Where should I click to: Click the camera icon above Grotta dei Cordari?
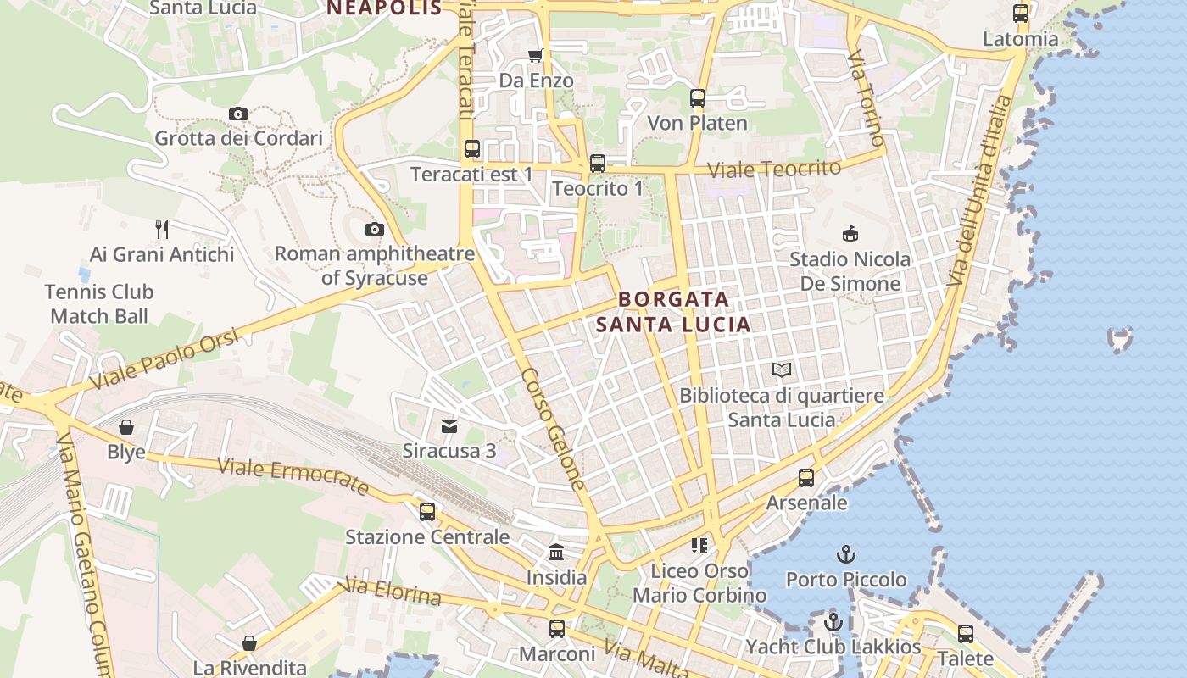point(238,114)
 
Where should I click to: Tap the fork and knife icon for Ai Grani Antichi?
point(162,229)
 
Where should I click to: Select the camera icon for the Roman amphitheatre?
point(374,229)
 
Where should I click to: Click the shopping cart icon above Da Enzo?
point(535,56)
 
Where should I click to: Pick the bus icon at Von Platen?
point(698,98)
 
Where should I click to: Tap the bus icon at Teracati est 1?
point(472,149)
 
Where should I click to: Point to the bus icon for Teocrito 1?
point(598,163)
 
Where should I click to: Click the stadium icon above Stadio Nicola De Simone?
point(850,233)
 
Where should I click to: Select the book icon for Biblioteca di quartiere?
point(782,370)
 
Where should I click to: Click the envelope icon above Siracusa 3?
point(449,425)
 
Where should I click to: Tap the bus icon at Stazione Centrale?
point(427,511)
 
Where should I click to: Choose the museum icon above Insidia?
point(556,552)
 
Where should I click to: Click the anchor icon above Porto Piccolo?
point(845,554)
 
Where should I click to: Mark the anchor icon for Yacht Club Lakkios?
point(833,622)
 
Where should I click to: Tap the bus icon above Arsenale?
point(806,478)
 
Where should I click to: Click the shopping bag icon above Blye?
point(126,426)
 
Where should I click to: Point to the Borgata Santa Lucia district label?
point(673,311)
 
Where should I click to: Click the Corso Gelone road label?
point(553,429)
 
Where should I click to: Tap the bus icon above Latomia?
point(1021,14)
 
